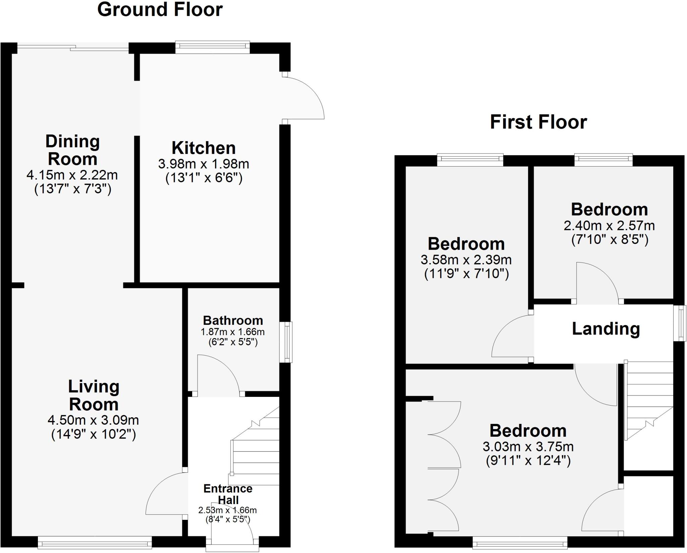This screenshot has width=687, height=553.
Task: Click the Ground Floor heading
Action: pos(160,10)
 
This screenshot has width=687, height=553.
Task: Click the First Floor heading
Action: pos(538,122)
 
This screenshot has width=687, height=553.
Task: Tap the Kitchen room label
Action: pos(204,148)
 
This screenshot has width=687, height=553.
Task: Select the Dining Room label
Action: pos(72,150)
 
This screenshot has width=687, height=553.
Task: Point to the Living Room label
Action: pos(94,395)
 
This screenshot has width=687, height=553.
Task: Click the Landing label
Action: pos(606,329)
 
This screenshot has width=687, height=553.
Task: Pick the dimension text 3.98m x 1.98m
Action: pos(204,164)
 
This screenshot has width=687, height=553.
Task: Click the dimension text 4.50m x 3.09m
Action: pos(93,420)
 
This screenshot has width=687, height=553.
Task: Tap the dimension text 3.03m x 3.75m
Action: pos(528,447)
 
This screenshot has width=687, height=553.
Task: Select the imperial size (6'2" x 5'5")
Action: pos(233,342)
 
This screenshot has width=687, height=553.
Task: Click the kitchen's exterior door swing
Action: pos(304,99)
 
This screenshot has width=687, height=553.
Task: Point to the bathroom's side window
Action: pos(286,342)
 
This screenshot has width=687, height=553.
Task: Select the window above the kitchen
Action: pos(212,47)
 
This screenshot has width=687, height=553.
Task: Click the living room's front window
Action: pos(95,542)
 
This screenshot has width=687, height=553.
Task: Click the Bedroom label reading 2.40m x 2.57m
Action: pos(609,210)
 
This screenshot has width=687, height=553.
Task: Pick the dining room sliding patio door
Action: pos(72,49)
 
